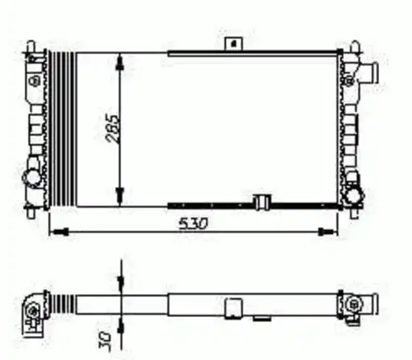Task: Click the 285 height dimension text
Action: pyautogui.click(x=113, y=129)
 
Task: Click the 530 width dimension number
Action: pyautogui.click(x=194, y=224)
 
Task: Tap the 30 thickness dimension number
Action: pyautogui.click(x=105, y=340)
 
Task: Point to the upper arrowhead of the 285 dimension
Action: pyautogui.click(x=119, y=63)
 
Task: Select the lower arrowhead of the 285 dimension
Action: pyautogui.click(x=119, y=195)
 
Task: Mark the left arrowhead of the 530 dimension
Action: pyautogui.click(x=61, y=232)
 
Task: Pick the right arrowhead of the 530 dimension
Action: pyautogui.click(x=325, y=232)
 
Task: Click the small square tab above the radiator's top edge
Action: pyautogui.click(x=233, y=44)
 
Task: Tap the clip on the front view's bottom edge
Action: pyautogui.click(x=262, y=202)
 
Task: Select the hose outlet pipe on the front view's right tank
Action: pyautogui.click(x=369, y=73)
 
